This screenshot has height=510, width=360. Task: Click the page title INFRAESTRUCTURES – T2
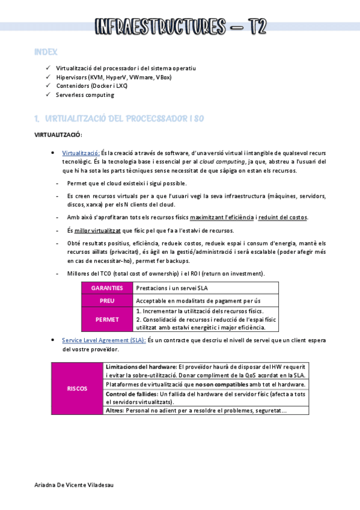(180, 26)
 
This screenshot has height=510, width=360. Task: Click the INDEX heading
(46, 53)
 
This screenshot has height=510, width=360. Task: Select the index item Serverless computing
(85, 94)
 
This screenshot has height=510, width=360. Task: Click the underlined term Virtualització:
(81, 153)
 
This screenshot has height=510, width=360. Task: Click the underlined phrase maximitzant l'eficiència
(224, 217)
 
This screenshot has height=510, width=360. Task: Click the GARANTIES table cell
(107, 288)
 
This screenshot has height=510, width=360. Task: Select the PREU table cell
(107, 300)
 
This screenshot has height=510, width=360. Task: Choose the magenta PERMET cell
(107, 319)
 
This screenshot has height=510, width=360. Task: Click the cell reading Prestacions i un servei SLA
(172, 288)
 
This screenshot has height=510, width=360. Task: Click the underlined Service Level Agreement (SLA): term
(103, 340)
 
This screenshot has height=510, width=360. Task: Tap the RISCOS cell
(77, 389)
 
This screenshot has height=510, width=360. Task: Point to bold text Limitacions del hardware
(141, 366)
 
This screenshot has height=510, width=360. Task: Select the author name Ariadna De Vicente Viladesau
(73, 485)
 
